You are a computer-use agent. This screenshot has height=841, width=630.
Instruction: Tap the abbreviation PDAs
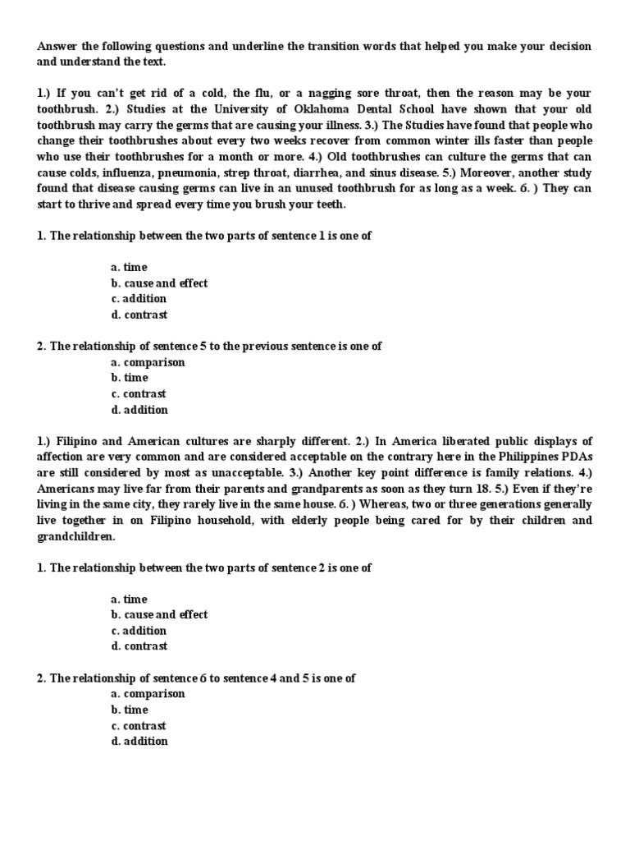click(x=575, y=457)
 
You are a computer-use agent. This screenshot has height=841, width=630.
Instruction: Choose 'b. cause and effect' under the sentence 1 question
click(x=159, y=283)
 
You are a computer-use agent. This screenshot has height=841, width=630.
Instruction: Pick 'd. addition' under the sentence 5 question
click(x=139, y=410)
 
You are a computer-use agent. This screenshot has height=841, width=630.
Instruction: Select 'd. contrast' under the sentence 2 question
click(x=139, y=646)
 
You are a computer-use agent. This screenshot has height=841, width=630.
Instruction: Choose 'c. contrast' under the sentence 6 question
click(x=139, y=725)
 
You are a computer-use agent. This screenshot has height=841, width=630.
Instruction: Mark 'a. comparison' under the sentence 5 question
click(x=148, y=362)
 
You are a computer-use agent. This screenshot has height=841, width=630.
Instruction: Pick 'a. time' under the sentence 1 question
click(x=130, y=268)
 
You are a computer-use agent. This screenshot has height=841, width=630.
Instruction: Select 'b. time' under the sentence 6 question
click(x=130, y=710)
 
